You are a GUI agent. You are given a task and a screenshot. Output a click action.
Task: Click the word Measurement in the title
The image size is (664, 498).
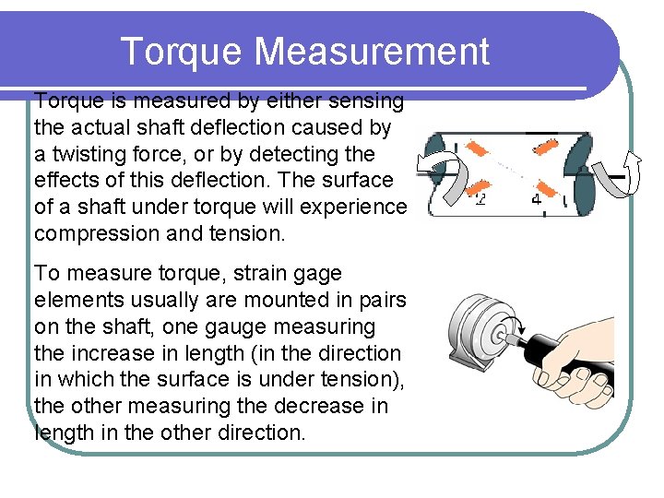coord(372,52)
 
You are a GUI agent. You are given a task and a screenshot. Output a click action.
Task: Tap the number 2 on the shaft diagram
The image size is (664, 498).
coord(480,197)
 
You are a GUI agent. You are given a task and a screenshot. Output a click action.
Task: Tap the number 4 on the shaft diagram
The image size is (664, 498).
coord(536,197)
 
